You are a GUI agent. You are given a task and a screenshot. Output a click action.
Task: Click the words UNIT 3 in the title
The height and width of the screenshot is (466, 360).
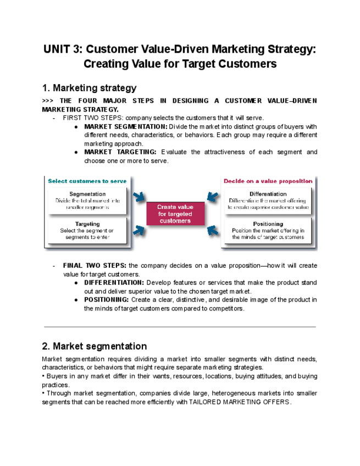click(x=63, y=49)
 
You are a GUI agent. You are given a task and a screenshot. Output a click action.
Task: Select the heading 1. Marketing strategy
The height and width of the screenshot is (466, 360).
click(x=89, y=88)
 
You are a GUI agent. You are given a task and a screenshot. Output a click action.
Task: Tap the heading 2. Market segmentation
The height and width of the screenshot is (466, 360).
click(x=94, y=346)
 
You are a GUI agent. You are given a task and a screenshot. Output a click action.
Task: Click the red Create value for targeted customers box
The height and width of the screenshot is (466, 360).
click(x=175, y=214)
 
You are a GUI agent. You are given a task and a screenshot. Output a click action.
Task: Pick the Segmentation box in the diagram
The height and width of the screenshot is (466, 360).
click(x=88, y=201)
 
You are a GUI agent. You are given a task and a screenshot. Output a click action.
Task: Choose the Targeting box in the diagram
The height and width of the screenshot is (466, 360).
click(x=88, y=231)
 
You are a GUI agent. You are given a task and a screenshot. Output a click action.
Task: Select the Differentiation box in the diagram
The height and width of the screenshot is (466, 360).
click(x=268, y=201)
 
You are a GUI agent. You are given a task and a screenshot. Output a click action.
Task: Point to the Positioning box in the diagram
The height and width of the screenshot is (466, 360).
click(x=268, y=231)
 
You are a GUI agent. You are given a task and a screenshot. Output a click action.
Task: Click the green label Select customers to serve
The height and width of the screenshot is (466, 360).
click(x=87, y=181)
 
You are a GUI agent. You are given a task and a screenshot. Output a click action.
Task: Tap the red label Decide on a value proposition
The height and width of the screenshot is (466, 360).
click(x=268, y=181)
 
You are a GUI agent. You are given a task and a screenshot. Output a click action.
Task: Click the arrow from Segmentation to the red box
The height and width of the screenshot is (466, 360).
click(x=138, y=197)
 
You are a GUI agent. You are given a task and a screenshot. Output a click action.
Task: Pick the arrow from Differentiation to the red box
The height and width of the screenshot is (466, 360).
click(x=213, y=197)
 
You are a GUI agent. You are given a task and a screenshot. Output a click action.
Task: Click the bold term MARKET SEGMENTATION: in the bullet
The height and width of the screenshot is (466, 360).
click(x=125, y=126)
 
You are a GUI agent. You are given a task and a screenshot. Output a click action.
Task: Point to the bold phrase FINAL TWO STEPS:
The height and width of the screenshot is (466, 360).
click(x=95, y=265)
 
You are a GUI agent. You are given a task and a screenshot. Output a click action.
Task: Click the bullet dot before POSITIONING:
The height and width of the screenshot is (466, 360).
click(x=75, y=300)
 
